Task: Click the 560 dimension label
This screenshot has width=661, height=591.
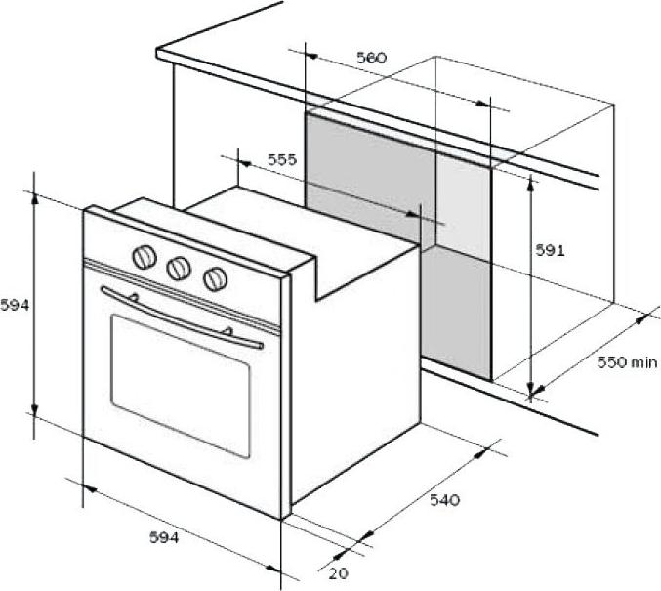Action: pos(371,58)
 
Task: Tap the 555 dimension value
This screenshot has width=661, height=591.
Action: pos(282,159)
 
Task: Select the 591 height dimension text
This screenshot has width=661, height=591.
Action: pos(550,251)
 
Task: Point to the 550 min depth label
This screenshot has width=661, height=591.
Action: pos(627,362)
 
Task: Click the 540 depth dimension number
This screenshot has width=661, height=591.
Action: pos(445,500)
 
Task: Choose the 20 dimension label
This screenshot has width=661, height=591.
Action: pos(339,573)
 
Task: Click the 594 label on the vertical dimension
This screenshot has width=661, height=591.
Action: pos(15,305)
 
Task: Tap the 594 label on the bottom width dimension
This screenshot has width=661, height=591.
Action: pos(164,537)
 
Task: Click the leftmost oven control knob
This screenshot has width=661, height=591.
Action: pos(145,257)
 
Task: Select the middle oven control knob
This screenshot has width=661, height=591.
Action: pos(179,269)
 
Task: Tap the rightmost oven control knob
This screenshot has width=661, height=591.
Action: pos(216,278)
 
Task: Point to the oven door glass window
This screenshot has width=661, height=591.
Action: pos(181,386)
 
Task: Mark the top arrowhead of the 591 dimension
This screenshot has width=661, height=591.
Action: pos(531,183)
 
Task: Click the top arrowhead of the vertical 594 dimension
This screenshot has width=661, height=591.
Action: pos(34,201)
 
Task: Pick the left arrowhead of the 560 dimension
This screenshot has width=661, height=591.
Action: pos(311,56)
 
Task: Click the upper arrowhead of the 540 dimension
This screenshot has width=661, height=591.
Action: pos(480,452)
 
